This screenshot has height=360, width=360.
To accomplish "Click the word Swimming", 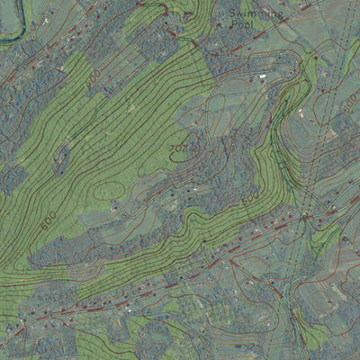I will click(x=256, y=14).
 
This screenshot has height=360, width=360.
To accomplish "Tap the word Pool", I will click(x=242, y=26).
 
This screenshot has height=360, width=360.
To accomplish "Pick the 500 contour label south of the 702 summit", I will click(x=249, y=195).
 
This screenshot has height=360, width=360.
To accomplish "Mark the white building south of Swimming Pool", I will click(x=262, y=78).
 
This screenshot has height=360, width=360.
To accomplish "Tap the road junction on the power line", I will click(x=306, y=217).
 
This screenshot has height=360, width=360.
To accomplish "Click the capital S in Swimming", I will click(x=233, y=14).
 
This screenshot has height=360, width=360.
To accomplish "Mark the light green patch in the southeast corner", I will click(x=315, y=337).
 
